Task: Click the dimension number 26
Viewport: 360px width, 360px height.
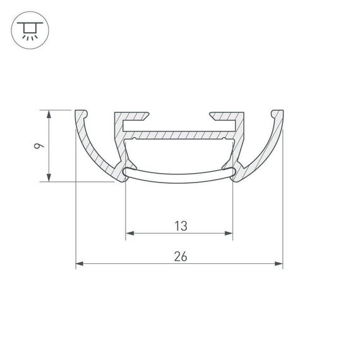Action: coord(179,256)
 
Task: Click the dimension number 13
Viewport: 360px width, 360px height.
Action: coord(179,225)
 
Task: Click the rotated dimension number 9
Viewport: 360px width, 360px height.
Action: coord(39,146)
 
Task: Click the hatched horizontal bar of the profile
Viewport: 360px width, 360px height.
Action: coord(179,135)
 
